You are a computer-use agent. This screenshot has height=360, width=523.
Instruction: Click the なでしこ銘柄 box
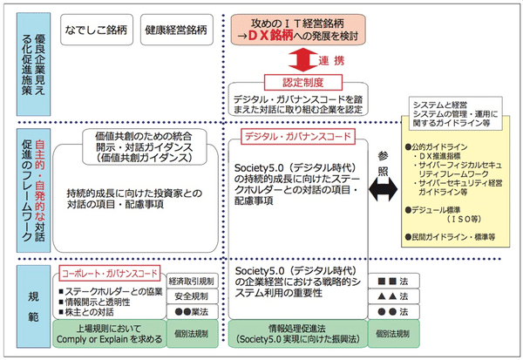tap(95, 30)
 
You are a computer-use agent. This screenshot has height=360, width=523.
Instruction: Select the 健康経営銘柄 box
tap(177, 30)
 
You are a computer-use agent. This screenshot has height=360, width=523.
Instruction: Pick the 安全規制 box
tap(191, 296)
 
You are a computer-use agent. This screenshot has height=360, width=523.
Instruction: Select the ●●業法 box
tap(191, 311)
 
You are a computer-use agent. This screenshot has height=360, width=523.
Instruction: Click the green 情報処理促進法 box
tap(296, 336)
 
